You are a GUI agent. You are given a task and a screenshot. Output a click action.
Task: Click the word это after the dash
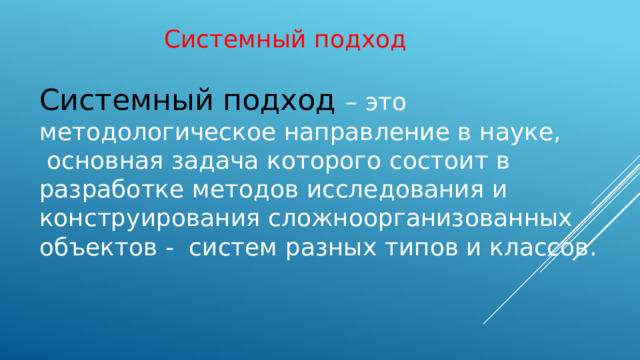coord(385,102)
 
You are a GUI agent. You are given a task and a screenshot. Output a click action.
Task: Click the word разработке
coord(105,190)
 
